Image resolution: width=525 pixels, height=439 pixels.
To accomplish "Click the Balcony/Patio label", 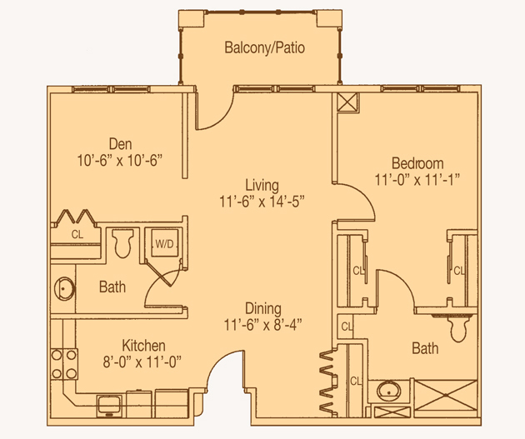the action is coord(264,47).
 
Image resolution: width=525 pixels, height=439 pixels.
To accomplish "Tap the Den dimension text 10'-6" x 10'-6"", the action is coord(119,160).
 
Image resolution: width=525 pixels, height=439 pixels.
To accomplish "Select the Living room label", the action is coord(262,186).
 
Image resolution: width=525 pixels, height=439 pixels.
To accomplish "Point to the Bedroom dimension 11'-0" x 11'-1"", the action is coord(417,180).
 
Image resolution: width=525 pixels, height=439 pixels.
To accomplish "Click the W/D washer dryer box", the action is coord(164,243).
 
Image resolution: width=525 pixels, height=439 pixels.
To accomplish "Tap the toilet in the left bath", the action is coord(122,243).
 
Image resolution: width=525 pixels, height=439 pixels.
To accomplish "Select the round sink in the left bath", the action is coord(64,288).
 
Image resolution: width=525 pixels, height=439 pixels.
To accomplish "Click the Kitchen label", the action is coord(143,346).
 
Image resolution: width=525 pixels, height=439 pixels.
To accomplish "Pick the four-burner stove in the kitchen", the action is coord(64,364).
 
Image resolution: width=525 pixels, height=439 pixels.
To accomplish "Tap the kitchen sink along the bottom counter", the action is coord(109,405).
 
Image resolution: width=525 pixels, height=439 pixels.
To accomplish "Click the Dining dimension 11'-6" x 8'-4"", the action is coord(262,325).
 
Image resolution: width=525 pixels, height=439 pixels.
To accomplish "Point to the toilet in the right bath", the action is coord(458,328).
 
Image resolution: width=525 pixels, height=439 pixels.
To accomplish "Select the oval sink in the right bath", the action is coord(388,392).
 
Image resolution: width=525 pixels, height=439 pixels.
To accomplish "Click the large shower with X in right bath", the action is coord(446,396).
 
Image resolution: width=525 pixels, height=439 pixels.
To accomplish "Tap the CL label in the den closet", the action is coord(77,234).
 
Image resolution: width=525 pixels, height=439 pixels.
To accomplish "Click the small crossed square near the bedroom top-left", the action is coord(347,102).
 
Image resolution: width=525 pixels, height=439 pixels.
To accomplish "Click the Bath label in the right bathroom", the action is coord(425,348).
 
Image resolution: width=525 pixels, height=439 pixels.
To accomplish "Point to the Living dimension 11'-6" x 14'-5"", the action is coord(262,202).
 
